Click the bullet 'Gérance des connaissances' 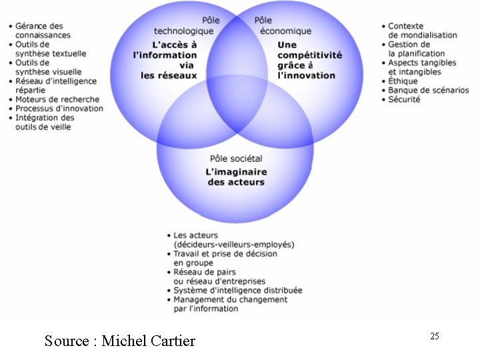pos(43,30)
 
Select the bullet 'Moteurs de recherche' pos(57,99)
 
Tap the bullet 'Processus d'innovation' pos(59,109)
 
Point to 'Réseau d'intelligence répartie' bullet pos(56,85)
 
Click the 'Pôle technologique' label pos(184,26)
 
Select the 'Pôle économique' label pos(283,26)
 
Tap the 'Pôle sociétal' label pos(236,159)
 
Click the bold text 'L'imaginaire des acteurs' pos(236,177)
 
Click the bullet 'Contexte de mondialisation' pos(423,30)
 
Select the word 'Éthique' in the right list pos(403,81)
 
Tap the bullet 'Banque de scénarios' pos(428,90)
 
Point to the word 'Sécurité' pos(404,99)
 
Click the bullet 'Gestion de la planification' pos(417,49)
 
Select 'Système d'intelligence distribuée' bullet pos(237,290)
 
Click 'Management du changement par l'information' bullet pos(230,304)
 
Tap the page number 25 pos(434,336)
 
